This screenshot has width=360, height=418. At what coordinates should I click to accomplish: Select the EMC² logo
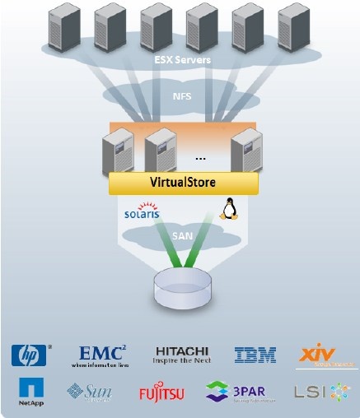point(101,355)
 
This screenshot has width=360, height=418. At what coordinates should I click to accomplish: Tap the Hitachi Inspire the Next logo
point(182,355)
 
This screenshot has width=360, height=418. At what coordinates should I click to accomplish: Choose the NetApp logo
point(31,392)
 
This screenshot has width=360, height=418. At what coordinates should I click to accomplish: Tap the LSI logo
point(317,392)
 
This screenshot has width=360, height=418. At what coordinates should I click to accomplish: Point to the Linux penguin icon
point(228,210)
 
